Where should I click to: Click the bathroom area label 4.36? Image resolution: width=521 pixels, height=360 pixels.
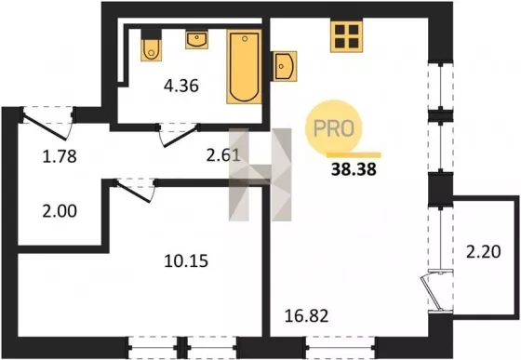pyautogui.click(x=181, y=87)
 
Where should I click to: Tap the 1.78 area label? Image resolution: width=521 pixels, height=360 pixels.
pyautogui.click(x=60, y=156)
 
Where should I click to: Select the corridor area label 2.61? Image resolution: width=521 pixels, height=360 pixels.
pyautogui.click(x=223, y=155)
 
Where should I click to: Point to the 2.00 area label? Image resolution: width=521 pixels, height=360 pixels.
pyautogui.click(x=60, y=211)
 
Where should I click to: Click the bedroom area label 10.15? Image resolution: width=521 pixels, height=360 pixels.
pyautogui.click(x=186, y=260)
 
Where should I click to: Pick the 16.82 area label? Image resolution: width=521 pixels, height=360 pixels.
pyautogui.click(x=307, y=315)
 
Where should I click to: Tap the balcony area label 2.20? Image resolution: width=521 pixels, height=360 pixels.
pyautogui.click(x=484, y=252)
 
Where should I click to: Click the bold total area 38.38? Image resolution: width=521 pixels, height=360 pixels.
pyautogui.click(x=354, y=169)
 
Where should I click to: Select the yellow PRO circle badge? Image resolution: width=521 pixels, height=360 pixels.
pyautogui.click(x=334, y=127)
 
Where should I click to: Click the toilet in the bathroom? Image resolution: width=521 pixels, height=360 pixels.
pyautogui.click(x=151, y=46)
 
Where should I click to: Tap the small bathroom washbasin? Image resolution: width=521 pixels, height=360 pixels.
pyautogui.click(x=196, y=39)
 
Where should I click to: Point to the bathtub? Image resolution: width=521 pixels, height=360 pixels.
pyautogui.click(x=244, y=66)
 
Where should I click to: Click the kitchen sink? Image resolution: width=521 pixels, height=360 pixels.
pyautogui.click(x=284, y=66)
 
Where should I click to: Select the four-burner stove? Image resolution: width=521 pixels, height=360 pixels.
pyautogui.click(x=346, y=36)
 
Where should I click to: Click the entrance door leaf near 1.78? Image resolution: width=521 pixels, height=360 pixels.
pyautogui.click(x=45, y=127)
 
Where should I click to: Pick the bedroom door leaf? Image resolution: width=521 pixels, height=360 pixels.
pyautogui.click(x=133, y=192)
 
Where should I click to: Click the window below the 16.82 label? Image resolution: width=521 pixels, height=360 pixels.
pyautogui.click(x=341, y=348)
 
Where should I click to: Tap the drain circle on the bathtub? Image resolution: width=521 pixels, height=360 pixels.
pyautogui.click(x=245, y=38)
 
